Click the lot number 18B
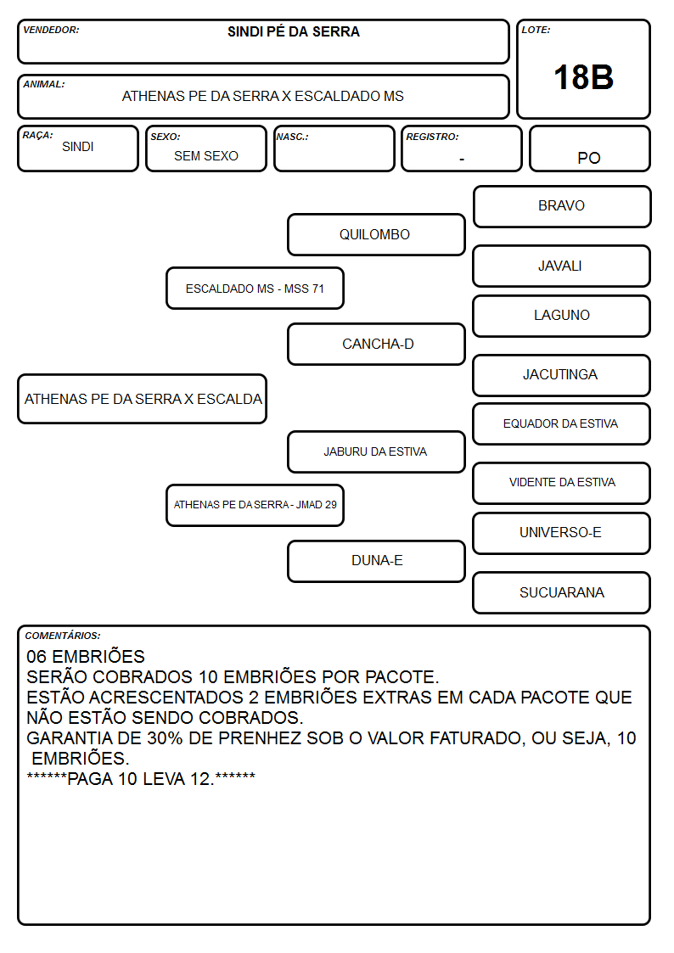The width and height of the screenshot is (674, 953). (x=583, y=77)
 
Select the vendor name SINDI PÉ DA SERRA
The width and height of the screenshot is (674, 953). (x=294, y=31)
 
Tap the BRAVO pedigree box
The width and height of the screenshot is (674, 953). (x=562, y=207)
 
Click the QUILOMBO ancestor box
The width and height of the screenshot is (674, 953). (x=376, y=234)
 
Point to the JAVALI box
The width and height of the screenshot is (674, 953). (x=562, y=266)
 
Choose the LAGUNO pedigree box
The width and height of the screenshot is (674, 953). (x=562, y=316)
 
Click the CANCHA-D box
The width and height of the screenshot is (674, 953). (x=376, y=344)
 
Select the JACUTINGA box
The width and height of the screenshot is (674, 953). (x=562, y=376)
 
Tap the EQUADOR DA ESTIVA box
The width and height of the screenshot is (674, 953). (x=562, y=424)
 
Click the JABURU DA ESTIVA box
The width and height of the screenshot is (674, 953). (x=376, y=452)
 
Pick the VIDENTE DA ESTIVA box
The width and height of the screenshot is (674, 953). (x=562, y=483)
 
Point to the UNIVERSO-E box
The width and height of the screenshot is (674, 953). (x=562, y=533)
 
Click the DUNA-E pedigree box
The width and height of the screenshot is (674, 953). (x=376, y=562)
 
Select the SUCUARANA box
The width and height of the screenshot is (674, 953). (x=562, y=592)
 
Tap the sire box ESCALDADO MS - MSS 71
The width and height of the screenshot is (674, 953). (x=256, y=288)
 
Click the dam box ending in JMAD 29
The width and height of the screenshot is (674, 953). (x=256, y=505)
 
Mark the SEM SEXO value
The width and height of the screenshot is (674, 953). (x=206, y=156)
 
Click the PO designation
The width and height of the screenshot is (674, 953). (x=589, y=158)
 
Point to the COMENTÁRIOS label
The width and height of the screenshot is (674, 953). (x=63, y=636)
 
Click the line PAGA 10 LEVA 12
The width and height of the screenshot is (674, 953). (x=141, y=779)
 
